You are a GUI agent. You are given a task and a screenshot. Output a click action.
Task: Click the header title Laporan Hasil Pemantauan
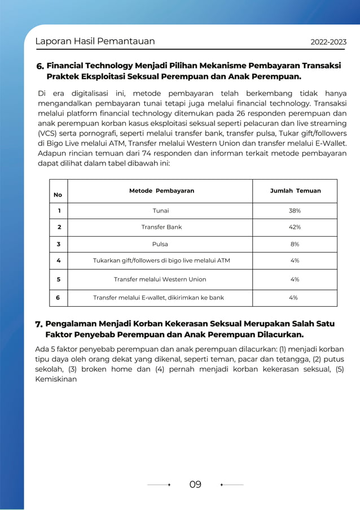[x=95, y=41]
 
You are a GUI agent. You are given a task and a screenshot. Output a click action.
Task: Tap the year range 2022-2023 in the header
[x=328, y=42]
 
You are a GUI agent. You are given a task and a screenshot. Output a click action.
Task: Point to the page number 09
[x=195, y=485]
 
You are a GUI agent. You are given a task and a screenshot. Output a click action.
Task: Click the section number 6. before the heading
[x=40, y=67]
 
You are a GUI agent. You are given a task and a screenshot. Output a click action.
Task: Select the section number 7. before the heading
[x=39, y=325]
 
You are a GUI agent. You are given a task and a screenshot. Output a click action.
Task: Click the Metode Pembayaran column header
[x=161, y=191]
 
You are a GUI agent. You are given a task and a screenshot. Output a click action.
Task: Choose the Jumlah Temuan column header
[x=295, y=191]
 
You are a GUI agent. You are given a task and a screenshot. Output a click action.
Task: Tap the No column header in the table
[x=58, y=195]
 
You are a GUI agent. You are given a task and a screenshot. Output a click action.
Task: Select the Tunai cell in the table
[x=161, y=211]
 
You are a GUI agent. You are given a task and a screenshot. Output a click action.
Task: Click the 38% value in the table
[x=295, y=211]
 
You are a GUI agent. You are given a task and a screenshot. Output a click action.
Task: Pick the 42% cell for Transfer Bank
[x=295, y=227]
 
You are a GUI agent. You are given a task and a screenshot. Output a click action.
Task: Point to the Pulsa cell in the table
[x=160, y=245]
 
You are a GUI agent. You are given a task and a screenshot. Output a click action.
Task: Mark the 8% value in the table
[x=295, y=245]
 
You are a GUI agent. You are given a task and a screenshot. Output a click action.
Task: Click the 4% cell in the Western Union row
[x=295, y=280]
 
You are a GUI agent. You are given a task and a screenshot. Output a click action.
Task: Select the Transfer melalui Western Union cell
[x=160, y=280]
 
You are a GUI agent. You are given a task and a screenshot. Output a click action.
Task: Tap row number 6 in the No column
[x=58, y=298]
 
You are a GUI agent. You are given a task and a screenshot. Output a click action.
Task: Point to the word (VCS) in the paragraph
[x=48, y=133]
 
